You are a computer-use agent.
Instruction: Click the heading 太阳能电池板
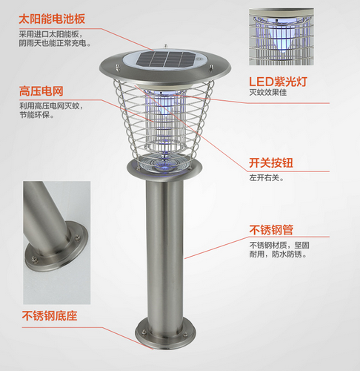(52, 19)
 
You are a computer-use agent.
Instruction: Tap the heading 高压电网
(41, 91)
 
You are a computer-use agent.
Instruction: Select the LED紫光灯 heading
(278, 82)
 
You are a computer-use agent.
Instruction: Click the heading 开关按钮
(271, 163)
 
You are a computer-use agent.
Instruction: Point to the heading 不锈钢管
(271, 230)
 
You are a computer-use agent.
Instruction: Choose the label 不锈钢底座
(50, 316)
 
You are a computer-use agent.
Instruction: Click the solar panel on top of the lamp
(166, 59)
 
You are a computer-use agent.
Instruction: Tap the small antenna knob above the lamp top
(165, 46)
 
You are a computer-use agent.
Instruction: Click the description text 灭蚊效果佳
(268, 93)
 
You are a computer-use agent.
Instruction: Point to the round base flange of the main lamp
(165, 334)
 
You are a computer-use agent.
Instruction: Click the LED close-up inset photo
(281, 37)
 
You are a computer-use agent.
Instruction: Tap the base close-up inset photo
(57, 243)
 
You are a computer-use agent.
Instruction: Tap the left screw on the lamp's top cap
(118, 67)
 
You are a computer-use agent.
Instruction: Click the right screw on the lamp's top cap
(211, 68)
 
